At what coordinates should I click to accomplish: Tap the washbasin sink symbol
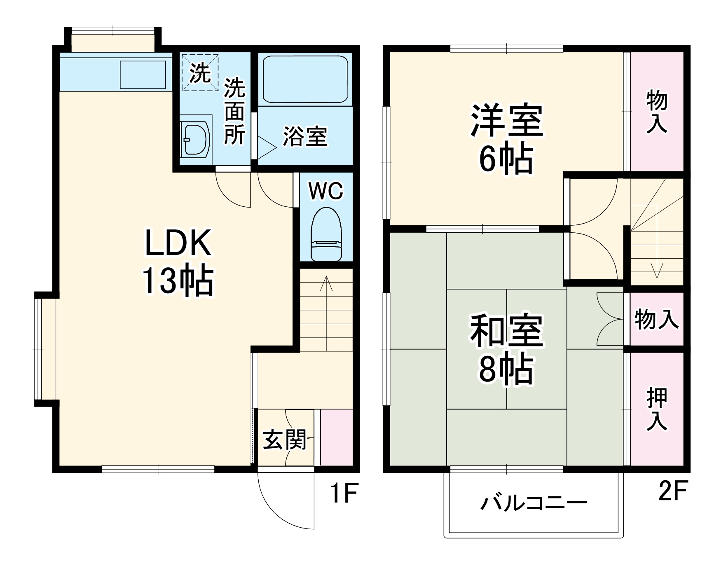pyautogui.click(x=195, y=139)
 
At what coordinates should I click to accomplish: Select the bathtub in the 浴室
pyautogui.click(x=305, y=79)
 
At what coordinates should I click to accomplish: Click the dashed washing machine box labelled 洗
pyautogui.click(x=200, y=73)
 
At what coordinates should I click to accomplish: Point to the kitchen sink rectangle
pyautogui.click(x=143, y=74)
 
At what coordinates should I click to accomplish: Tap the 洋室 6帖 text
pyautogui.click(x=506, y=139)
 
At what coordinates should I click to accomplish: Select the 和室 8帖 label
pyautogui.click(x=506, y=349)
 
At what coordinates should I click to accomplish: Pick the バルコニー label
pyautogui.click(x=534, y=503)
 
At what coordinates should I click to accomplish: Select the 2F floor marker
pyautogui.click(x=672, y=491)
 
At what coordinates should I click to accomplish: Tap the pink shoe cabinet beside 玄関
pyautogui.click(x=337, y=437)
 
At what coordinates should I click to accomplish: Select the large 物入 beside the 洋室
pyautogui.click(x=657, y=112)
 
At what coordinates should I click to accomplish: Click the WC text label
pyautogui.click(x=326, y=191)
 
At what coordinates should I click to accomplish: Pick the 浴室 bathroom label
pyautogui.click(x=305, y=136)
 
